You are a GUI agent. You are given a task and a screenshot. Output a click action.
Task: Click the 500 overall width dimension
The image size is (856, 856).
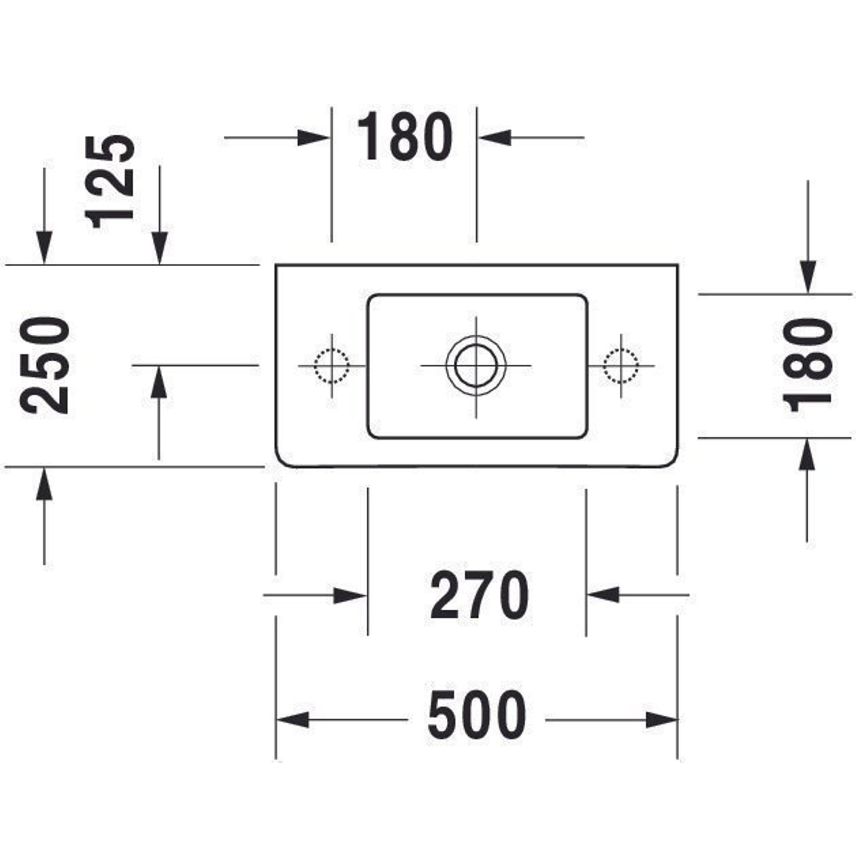tap(477, 720)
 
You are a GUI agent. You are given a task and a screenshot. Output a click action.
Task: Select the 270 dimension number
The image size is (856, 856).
tap(479, 596)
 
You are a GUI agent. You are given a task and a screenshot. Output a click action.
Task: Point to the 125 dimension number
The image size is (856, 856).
tap(110, 181)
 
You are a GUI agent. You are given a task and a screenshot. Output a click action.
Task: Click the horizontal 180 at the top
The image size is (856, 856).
tap(405, 137)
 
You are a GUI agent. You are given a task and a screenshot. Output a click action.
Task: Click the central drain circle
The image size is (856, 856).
tap(476, 366)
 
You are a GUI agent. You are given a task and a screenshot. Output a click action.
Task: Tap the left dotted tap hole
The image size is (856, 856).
tap(331, 366)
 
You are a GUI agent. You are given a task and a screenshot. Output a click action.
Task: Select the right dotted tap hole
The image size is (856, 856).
tap(621, 366)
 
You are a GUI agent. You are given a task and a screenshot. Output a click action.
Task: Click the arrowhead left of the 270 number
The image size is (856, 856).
tap(350, 596)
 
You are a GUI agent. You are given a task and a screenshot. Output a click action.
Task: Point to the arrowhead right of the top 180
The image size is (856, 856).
tap(495, 138)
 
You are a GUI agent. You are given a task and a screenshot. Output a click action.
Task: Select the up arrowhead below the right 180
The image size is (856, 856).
tap(808, 455)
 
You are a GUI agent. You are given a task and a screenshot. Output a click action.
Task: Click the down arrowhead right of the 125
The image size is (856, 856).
tap(160, 247)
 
